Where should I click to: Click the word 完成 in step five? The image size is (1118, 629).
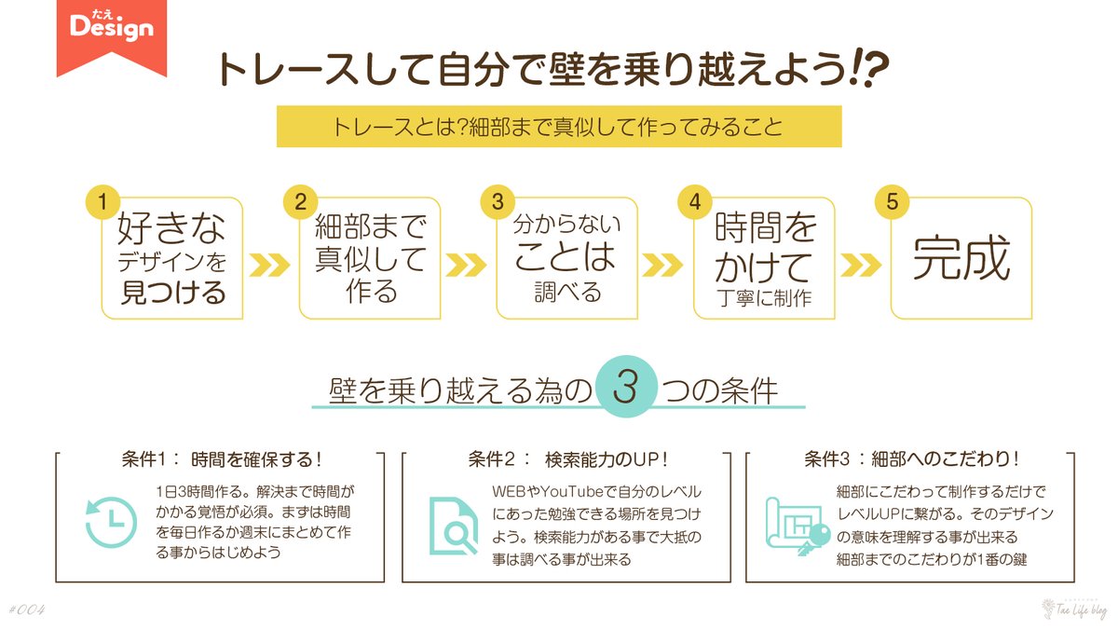[961, 258]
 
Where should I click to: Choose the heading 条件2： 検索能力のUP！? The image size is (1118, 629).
[569, 460]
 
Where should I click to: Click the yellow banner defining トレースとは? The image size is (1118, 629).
[558, 127]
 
